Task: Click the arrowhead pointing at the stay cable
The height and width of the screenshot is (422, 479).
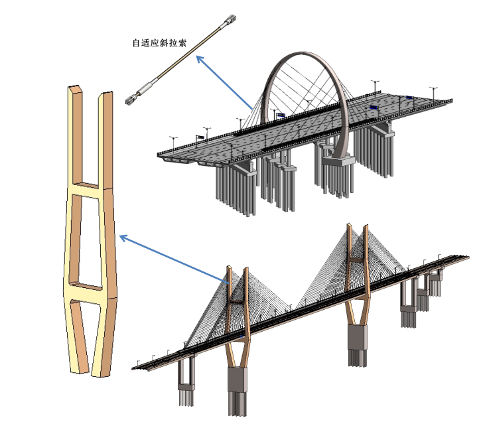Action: point(199,58)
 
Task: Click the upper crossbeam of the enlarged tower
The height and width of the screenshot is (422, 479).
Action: point(90,191)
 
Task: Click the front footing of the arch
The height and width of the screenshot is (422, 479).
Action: point(341,159)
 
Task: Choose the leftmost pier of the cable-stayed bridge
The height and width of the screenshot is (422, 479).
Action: point(186,381)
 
